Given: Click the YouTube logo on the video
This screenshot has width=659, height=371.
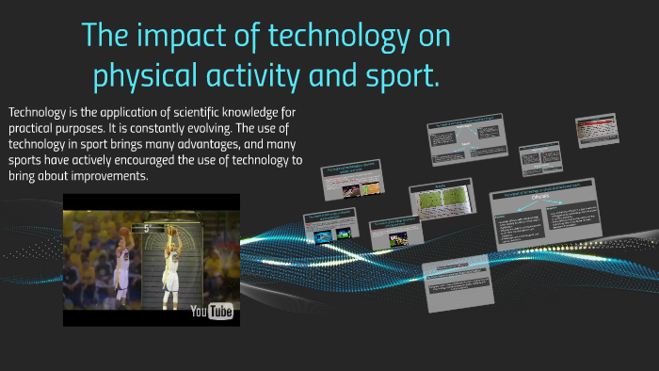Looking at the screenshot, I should [212, 311].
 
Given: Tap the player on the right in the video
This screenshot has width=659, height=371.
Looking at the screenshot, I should [172, 268].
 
